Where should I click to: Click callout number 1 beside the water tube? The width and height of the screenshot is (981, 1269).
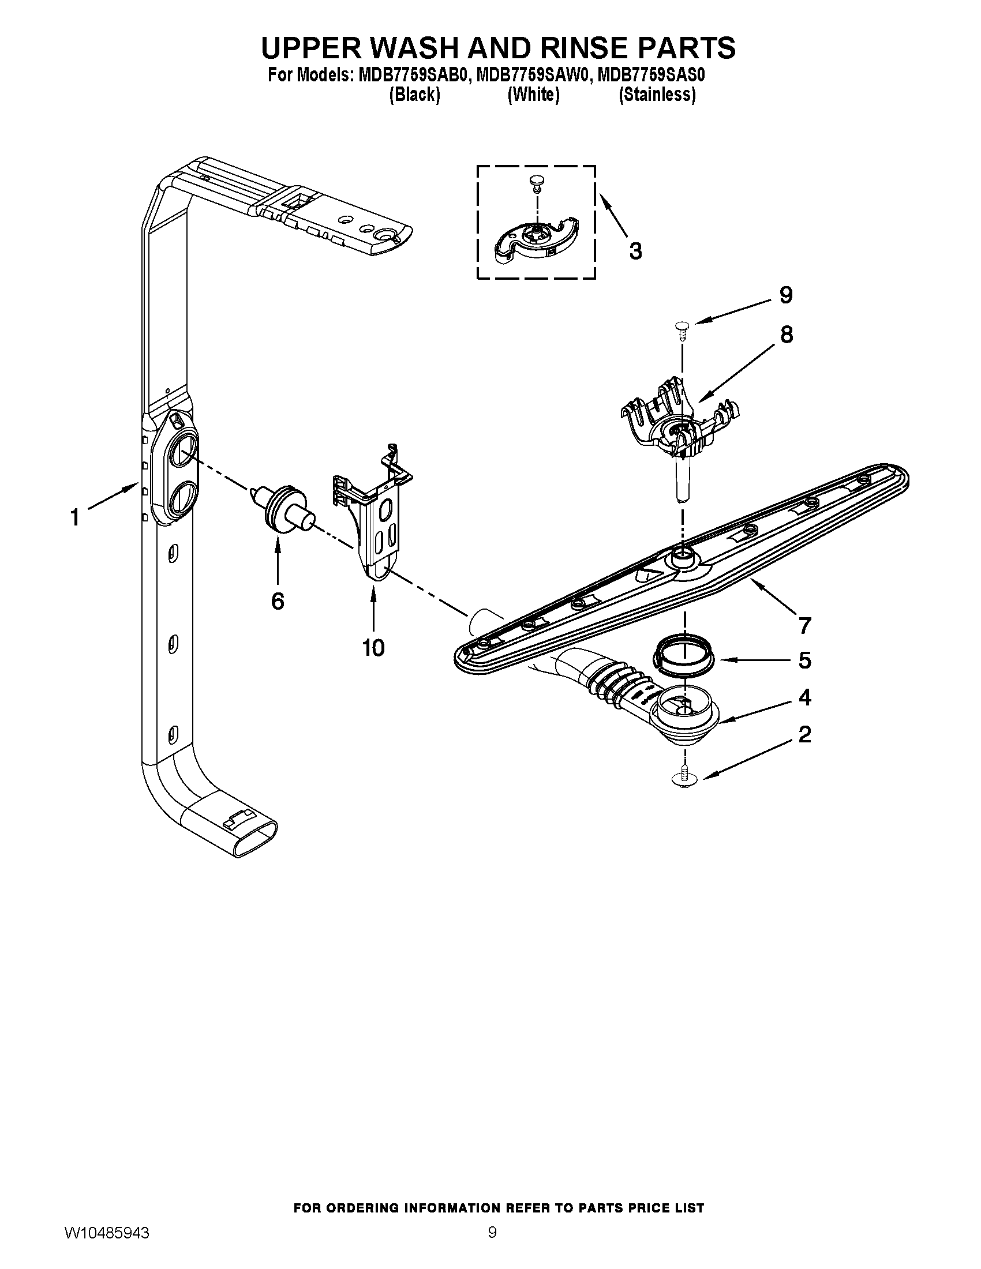click(x=75, y=517)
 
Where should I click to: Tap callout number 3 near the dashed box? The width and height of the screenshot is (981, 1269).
click(x=636, y=251)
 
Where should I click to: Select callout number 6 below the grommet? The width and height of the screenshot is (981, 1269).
click(x=278, y=602)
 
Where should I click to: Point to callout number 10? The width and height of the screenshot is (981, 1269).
click(x=373, y=647)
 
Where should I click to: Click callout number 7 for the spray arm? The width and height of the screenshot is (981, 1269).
click(x=804, y=626)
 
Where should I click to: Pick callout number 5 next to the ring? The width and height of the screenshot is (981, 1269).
click(x=805, y=660)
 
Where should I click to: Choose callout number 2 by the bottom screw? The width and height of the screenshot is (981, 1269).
click(x=805, y=735)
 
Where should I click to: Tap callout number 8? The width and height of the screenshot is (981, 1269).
click(x=787, y=335)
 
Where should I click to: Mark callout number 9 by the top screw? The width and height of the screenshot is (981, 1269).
click(x=786, y=296)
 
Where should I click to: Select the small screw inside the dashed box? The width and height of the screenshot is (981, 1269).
click(x=536, y=185)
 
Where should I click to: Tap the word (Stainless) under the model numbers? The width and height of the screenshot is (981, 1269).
click(x=657, y=95)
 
